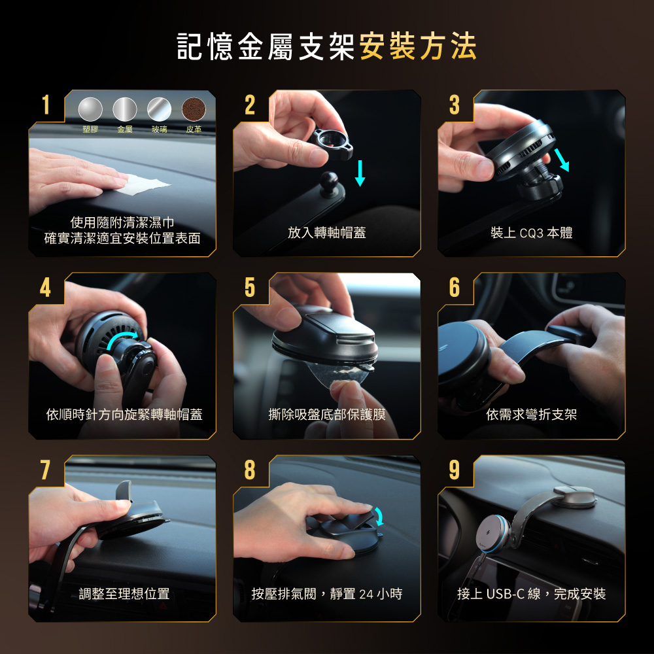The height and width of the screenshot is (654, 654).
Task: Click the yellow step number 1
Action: [46, 105]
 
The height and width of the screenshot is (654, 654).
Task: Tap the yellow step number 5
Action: [250, 287]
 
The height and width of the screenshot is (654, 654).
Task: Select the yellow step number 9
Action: [455, 470]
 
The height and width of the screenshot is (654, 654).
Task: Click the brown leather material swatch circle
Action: [194, 109]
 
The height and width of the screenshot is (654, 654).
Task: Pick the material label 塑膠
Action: [90, 129]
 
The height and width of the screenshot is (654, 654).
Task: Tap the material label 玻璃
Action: [160, 129]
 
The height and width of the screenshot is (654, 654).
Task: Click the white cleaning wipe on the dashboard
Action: [144, 184]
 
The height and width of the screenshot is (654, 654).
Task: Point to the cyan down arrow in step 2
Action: [360, 173]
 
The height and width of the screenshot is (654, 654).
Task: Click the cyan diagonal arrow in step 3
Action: [561, 161]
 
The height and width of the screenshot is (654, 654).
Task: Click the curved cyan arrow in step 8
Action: [379, 517]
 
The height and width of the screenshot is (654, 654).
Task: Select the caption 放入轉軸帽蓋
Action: [326, 232]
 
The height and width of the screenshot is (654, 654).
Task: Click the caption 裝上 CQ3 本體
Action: [531, 232]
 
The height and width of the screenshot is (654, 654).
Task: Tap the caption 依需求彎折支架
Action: [531, 414]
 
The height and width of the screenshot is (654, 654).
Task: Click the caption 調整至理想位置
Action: [124, 594]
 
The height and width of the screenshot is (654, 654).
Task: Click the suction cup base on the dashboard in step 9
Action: [575, 497]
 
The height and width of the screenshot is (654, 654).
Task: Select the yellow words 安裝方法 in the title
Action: [417, 46]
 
